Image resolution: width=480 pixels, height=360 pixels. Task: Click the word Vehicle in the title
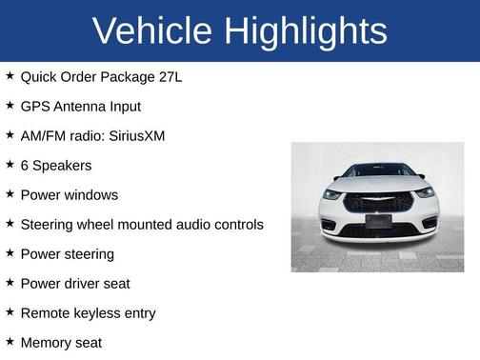152,31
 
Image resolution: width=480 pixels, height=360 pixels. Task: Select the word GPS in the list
35,106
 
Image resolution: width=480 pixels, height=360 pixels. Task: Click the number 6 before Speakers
25,165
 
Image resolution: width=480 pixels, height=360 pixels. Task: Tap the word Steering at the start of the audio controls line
49,224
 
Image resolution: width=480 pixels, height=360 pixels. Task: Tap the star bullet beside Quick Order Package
10,75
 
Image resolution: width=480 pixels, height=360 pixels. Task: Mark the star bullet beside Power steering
10,252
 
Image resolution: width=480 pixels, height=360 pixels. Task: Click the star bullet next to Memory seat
10,341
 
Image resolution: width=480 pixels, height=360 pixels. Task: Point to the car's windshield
377,170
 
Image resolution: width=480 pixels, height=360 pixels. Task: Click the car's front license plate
377,221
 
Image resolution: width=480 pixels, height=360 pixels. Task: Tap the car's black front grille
377,202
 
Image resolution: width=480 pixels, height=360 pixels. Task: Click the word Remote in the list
46,312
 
